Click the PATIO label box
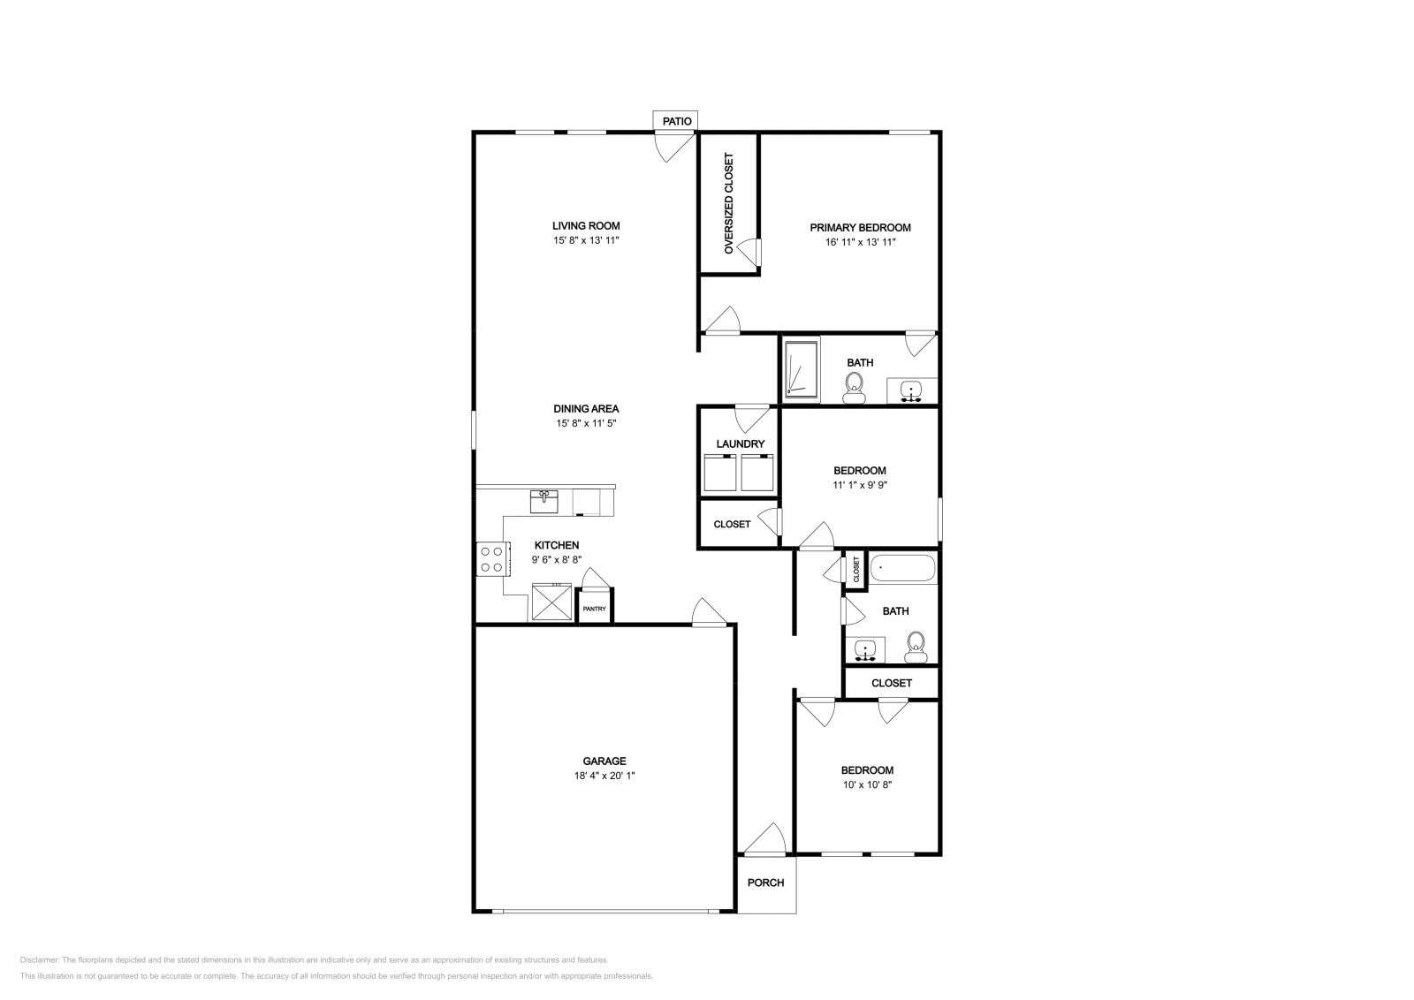tap(676, 120)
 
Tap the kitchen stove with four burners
tap(490, 558)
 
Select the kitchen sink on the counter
tap(544, 501)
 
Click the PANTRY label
tap(594, 609)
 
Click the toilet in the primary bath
tap(854, 387)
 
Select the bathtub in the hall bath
tap(902, 568)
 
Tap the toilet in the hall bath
tap(916, 647)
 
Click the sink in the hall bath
tap(865, 650)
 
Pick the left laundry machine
tap(719, 473)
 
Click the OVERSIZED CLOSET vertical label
tap(729, 204)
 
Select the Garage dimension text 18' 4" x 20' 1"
tap(604, 776)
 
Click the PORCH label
tap(765, 883)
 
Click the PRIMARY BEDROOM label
tap(860, 227)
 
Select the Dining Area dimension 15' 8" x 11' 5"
tap(586, 423)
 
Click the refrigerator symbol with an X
tap(552, 603)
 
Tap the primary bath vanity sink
tap(911, 390)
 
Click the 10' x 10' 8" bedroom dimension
tap(866, 784)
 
